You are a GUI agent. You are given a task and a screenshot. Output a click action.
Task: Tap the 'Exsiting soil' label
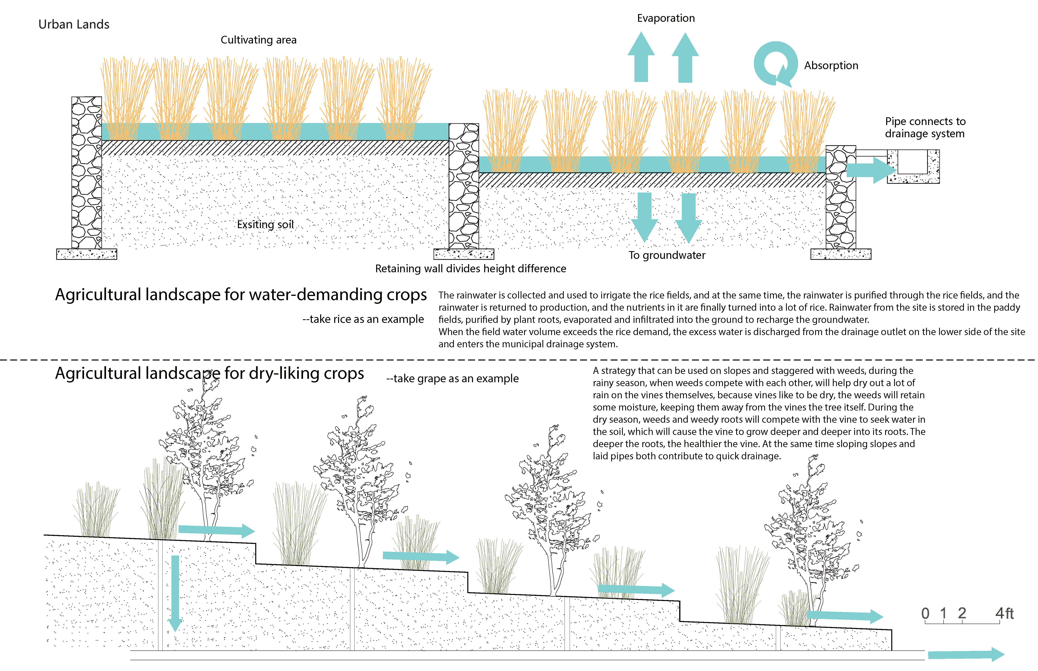265,224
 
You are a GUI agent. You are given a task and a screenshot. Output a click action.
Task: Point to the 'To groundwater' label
666,255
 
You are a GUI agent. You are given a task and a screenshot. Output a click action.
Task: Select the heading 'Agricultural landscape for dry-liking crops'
209,373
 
